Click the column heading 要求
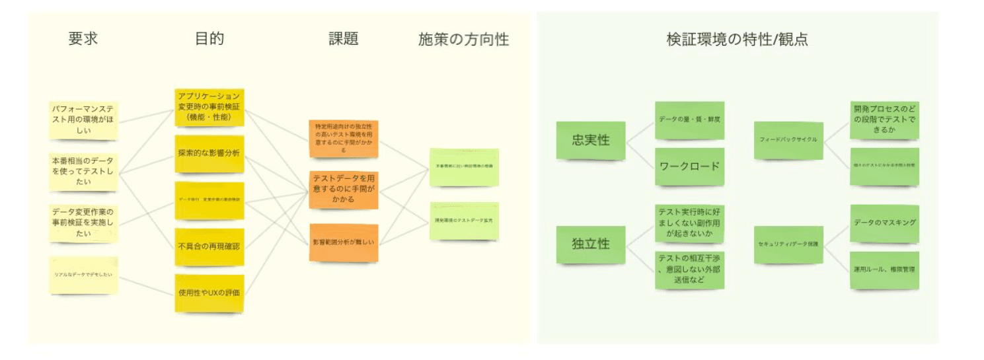coord(83,38)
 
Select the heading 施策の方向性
coord(463,39)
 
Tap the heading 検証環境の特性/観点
coord(737,39)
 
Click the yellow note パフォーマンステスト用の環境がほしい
coord(84,120)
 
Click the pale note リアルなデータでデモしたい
coord(84,273)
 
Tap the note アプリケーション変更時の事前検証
coord(209,107)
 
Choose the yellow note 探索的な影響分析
coord(209,153)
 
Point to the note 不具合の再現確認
coord(209,246)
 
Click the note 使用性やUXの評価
coord(209,293)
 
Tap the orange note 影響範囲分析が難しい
coord(343,242)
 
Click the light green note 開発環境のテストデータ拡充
coord(464,220)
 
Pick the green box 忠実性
coord(590,140)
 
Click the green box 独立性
coord(590,244)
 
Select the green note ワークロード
coord(689,166)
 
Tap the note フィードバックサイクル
coord(788,140)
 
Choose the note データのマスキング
coord(884,223)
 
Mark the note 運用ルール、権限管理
coord(884,270)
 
